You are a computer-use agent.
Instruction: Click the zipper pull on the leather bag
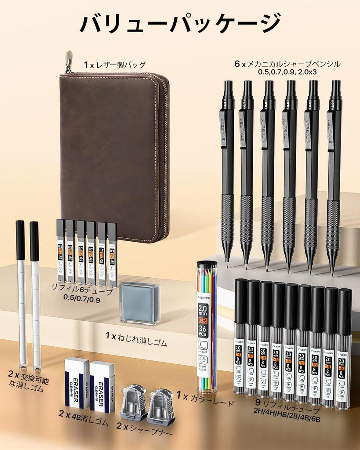[x=69, y=61]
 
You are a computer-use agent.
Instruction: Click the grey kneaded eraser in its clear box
[x=140, y=302]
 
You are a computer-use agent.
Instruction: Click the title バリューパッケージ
[x=180, y=23]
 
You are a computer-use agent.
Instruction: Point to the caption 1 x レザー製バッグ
[x=115, y=65]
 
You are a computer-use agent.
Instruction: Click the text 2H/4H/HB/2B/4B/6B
[x=287, y=419]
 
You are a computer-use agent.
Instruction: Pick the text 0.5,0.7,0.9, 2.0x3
[x=288, y=72]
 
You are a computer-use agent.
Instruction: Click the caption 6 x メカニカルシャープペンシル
[x=287, y=64]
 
